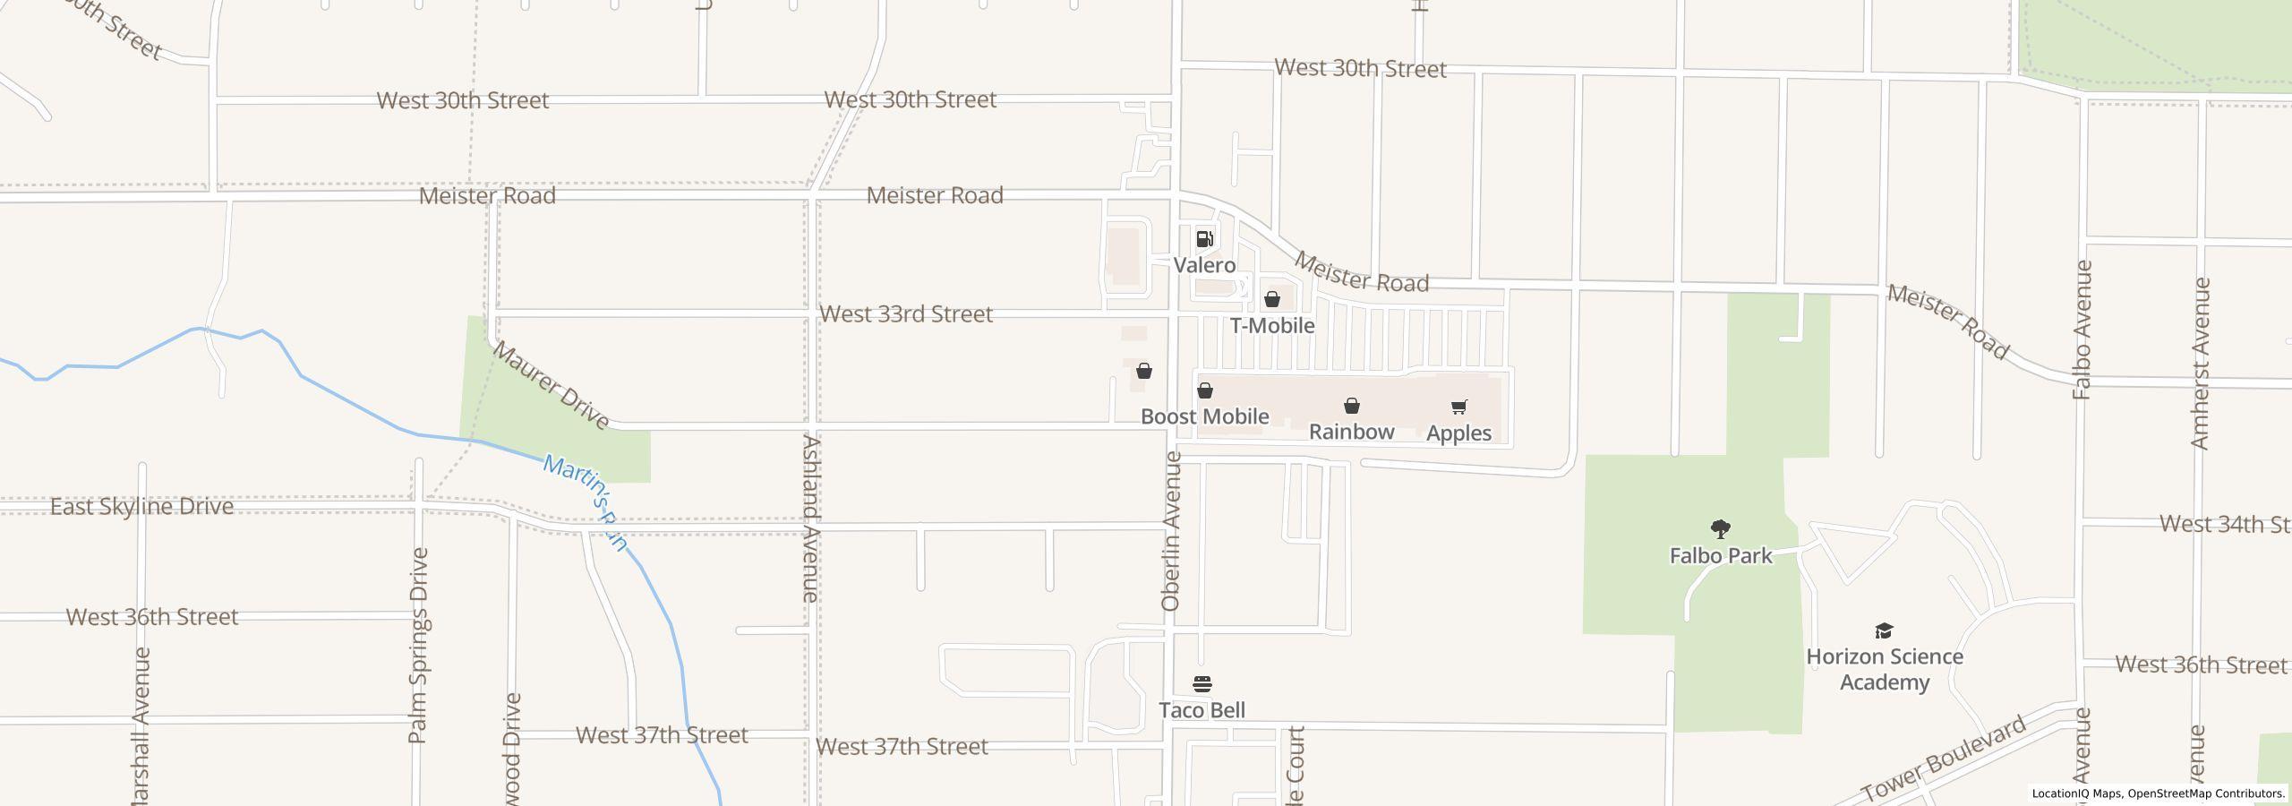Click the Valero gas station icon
click(1204, 239)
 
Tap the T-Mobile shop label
click(1271, 325)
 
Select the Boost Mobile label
click(1204, 416)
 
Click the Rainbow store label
click(1351, 432)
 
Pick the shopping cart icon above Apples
click(1458, 407)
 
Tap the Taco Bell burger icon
click(1202, 685)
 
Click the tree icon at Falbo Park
click(1720, 528)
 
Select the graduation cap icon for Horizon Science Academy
click(1884, 631)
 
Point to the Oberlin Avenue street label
click(1171, 532)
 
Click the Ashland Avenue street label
click(810, 518)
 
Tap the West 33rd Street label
click(906, 314)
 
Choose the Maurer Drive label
click(551, 385)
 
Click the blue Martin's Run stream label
click(586, 503)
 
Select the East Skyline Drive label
click(141, 507)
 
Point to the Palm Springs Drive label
click(418, 645)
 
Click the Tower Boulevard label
click(1943, 759)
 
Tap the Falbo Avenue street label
click(2082, 330)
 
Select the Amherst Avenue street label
click(2200, 364)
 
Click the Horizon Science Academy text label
click(1885, 669)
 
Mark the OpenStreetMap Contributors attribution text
click(2206, 793)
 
